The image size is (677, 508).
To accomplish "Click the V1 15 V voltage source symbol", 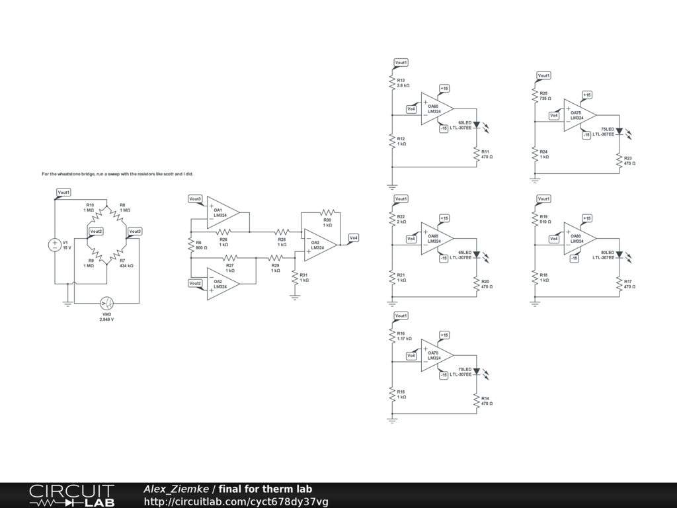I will point(56,245).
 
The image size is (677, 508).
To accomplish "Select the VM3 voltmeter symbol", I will point(106,303).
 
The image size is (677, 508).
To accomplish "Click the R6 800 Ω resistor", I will point(190,245).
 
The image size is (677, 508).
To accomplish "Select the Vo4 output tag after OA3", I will point(354,237).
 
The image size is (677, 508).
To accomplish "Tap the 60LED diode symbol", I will point(476,124).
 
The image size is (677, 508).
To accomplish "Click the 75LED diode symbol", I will point(619,131).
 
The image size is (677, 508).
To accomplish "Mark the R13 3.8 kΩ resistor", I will point(392,82).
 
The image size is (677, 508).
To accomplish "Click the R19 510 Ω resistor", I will point(535,218).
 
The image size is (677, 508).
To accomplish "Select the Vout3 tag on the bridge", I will point(135,231).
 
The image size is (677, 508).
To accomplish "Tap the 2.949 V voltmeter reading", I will point(106,319).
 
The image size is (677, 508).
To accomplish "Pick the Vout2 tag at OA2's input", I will point(195,283).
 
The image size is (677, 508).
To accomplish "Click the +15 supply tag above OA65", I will point(444,218).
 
